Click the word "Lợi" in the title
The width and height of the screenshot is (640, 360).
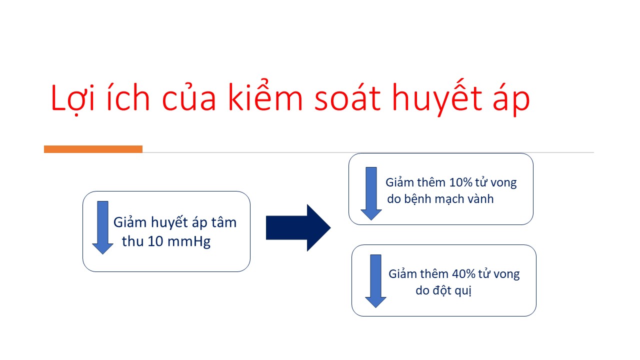point(72,97)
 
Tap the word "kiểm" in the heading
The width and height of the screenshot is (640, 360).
point(265,95)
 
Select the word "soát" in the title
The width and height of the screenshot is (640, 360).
point(347,96)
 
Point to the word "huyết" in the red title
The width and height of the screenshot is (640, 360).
point(437,97)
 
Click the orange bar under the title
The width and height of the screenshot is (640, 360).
point(93,149)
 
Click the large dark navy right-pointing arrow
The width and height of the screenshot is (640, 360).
point(298,227)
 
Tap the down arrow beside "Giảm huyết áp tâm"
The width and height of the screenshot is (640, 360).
point(102,227)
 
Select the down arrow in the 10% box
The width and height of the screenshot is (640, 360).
point(371,193)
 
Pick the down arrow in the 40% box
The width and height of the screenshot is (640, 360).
point(375,281)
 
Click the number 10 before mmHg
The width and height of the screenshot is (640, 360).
point(155,241)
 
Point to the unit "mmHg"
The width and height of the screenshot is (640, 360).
point(189,242)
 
